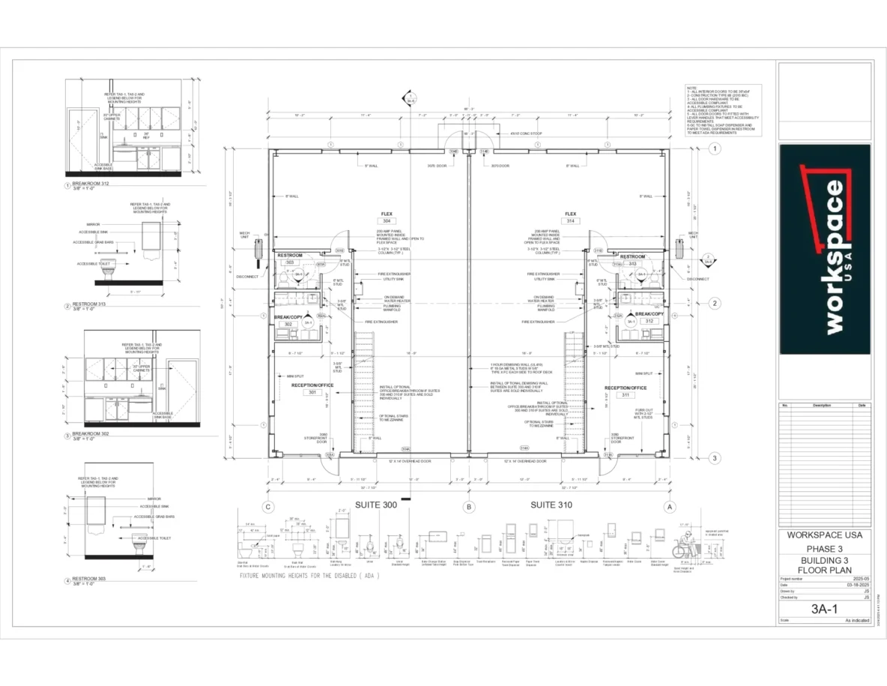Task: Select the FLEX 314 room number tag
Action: [570, 221]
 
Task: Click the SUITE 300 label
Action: [376, 505]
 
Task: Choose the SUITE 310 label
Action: [551, 505]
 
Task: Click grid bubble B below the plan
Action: [470, 506]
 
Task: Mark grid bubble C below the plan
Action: [267, 506]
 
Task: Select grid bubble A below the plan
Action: [670, 506]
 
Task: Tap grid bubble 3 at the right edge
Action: [715, 458]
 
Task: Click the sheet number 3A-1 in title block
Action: [824, 610]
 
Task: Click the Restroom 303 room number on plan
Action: [288, 262]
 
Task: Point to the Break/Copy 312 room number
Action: [649, 321]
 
